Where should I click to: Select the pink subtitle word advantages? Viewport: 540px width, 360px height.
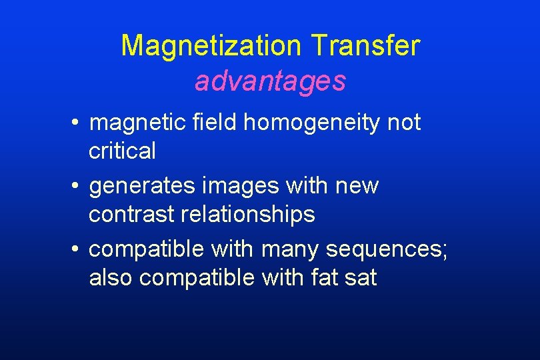pyautogui.click(x=270, y=81)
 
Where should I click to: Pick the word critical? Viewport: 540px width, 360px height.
pyautogui.click(x=122, y=151)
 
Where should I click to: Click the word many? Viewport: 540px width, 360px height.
pyautogui.click(x=291, y=249)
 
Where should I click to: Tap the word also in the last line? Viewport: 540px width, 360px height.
pyautogui.click(x=111, y=277)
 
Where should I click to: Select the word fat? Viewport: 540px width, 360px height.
pyautogui.click(x=325, y=277)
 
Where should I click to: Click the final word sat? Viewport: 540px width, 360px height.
pyautogui.click(x=361, y=277)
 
